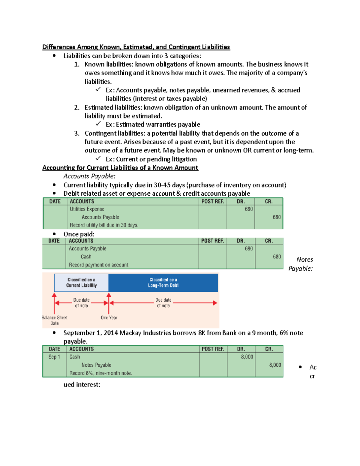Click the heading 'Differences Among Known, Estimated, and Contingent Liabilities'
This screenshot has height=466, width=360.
(x=136, y=47)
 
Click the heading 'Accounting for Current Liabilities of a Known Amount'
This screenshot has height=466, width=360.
(x=120, y=168)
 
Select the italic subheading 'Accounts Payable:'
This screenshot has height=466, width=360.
(x=89, y=176)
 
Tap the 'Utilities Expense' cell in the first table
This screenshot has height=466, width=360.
(x=87, y=209)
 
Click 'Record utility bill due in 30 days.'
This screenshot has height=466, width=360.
(x=104, y=225)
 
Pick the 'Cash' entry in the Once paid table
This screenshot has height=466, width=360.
(x=86, y=257)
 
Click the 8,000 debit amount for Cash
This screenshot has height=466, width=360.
(x=247, y=357)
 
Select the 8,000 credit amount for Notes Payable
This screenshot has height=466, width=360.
(x=275, y=365)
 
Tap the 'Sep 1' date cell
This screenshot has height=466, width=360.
(x=54, y=357)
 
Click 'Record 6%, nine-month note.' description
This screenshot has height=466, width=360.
(x=100, y=373)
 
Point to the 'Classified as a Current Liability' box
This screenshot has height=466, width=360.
(x=81, y=283)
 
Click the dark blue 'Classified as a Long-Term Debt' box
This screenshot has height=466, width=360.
(x=163, y=283)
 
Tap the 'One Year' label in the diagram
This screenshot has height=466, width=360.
(x=109, y=317)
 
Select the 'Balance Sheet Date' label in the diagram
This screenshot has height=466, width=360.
(x=55, y=320)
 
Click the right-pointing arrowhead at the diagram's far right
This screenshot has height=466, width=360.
(x=215, y=303)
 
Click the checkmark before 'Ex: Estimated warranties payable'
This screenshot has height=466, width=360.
(x=98, y=124)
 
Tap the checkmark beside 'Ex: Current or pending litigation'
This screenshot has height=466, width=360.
(x=98, y=158)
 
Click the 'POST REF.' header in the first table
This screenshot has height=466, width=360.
(x=213, y=202)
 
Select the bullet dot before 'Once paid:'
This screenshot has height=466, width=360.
(x=54, y=234)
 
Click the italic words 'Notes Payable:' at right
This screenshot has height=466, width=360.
(x=301, y=264)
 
